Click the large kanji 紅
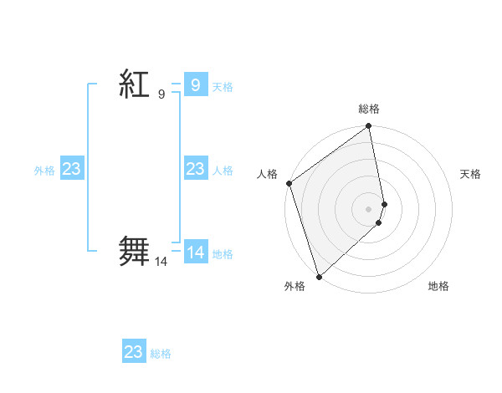click(134, 84)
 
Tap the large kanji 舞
click(134, 251)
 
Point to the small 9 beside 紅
click(161, 94)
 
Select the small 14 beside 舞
click(161, 262)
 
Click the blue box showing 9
click(195, 84)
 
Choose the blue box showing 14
click(195, 252)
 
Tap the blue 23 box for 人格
click(195, 169)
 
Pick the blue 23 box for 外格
click(72, 169)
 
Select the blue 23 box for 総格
click(134, 352)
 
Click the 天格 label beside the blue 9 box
click(223, 87)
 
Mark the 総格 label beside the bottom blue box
click(161, 354)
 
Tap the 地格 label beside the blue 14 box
click(223, 254)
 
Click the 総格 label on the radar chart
click(369, 109)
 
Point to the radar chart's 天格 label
click(470, 174)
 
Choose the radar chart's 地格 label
click(438, 286)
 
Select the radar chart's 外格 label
click(295, 286)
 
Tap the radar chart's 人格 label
click(267, 174)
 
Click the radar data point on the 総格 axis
click(369, 127)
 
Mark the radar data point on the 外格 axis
click(319, 276)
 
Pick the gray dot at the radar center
click(369, 208)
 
